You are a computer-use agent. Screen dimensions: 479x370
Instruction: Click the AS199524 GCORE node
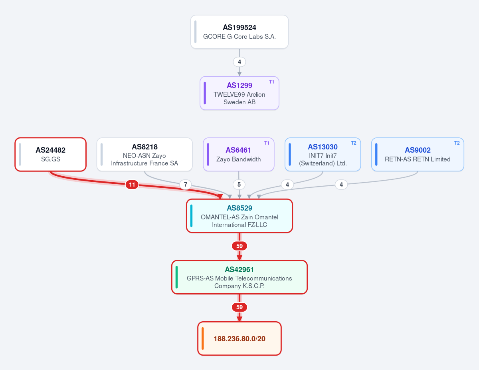239,32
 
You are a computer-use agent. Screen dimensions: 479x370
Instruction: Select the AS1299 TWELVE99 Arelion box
239,93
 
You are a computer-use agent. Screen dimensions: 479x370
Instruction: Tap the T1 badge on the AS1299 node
271,82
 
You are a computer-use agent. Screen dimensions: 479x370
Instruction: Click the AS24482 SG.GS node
50,155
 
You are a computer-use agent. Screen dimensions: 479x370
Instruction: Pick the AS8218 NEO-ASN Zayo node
144,155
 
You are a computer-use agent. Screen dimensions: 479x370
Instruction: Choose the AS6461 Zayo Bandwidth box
239,155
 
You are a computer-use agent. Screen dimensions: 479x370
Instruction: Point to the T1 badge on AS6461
267,143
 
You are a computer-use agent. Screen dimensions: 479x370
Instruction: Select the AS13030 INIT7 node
323,155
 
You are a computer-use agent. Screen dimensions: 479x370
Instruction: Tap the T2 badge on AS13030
354,143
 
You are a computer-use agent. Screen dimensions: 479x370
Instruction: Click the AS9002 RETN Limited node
418,155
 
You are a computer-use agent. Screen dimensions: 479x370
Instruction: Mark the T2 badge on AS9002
457,143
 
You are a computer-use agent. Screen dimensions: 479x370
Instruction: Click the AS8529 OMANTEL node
239,216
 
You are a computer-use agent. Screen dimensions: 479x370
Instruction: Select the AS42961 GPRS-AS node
239,277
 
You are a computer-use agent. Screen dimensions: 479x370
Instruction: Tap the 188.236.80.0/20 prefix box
239,338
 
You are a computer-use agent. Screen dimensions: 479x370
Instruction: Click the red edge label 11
132,185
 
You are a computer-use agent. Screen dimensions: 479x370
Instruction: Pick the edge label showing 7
186,185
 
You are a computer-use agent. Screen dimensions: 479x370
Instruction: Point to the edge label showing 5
239,185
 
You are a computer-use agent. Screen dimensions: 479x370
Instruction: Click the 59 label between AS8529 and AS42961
239,246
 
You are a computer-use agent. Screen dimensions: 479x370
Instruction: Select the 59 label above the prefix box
239,307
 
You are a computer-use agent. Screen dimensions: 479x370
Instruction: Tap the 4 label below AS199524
239,62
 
